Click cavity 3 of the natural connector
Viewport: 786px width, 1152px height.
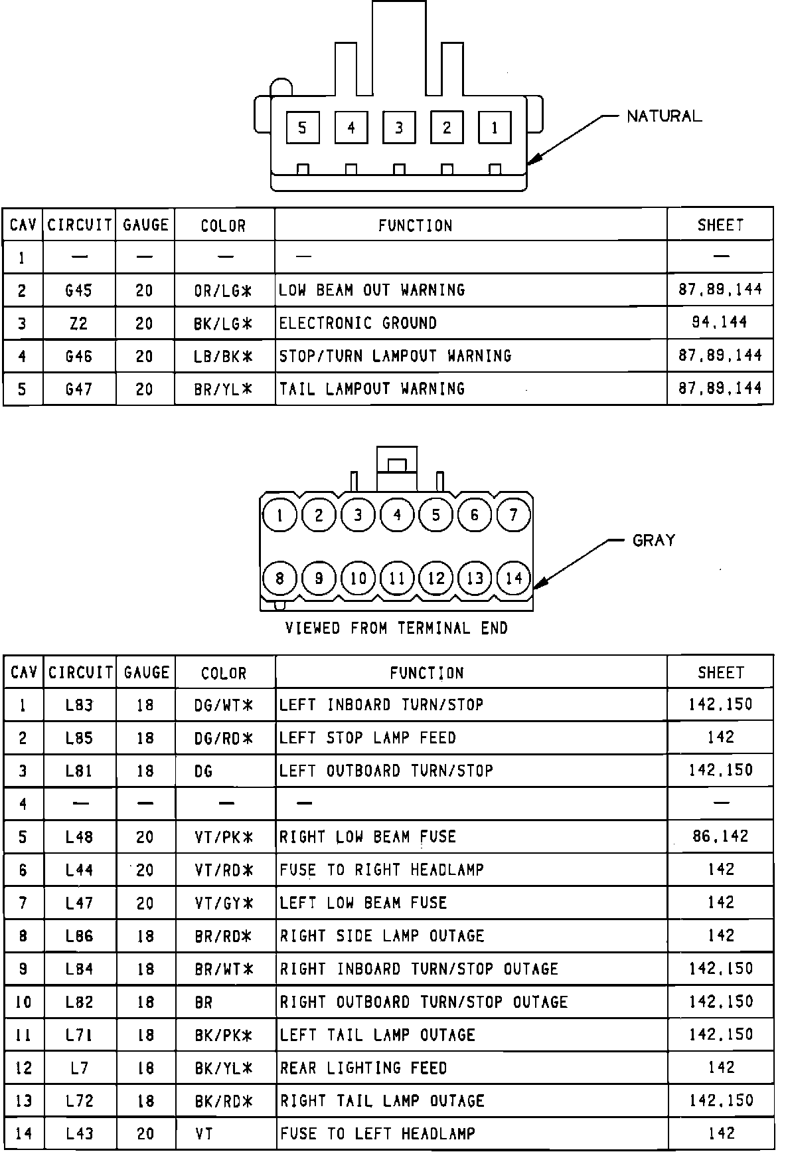point(399,128)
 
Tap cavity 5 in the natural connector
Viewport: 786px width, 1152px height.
point(303,128)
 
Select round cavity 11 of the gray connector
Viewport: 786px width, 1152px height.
point(397,578)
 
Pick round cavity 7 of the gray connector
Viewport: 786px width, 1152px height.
point(513,515)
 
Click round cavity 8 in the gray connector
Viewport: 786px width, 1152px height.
point(279,578)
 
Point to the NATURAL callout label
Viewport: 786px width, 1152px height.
point(664,116)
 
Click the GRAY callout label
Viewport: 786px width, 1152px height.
point(654,540)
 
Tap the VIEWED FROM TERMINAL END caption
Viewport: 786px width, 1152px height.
point(396,628)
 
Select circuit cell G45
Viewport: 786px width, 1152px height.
point(79,290)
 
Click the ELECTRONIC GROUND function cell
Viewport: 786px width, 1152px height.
point(358,324)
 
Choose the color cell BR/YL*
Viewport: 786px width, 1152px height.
point(224,389)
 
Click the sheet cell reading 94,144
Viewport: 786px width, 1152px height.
point(720,323)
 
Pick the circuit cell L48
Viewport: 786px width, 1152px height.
point(79,837)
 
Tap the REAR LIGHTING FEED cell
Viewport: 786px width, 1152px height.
point(363,1068)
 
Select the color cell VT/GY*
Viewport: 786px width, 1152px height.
point(224,903)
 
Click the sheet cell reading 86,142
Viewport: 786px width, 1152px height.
point(720,836)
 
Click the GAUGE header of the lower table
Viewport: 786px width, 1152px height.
point(146,673)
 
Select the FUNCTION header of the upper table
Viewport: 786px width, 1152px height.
point(415,226)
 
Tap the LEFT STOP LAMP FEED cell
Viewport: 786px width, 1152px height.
point(368,738)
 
